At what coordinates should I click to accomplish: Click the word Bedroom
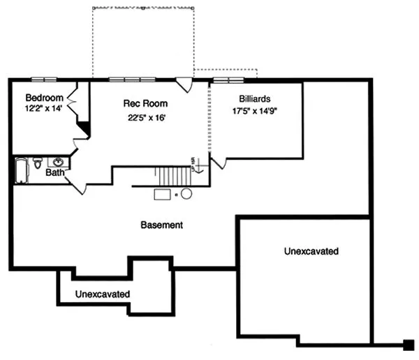(45, 98)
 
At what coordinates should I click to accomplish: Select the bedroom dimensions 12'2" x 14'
(45, 110)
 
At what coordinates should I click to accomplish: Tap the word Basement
(162, 225)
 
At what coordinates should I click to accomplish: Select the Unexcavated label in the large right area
(311, 250)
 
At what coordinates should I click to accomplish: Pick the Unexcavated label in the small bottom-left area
(102, 294)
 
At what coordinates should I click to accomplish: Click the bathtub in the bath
(20, 171)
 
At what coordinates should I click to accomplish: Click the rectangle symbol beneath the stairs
(163, 195)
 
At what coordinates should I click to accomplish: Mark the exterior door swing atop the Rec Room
(184, 85)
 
